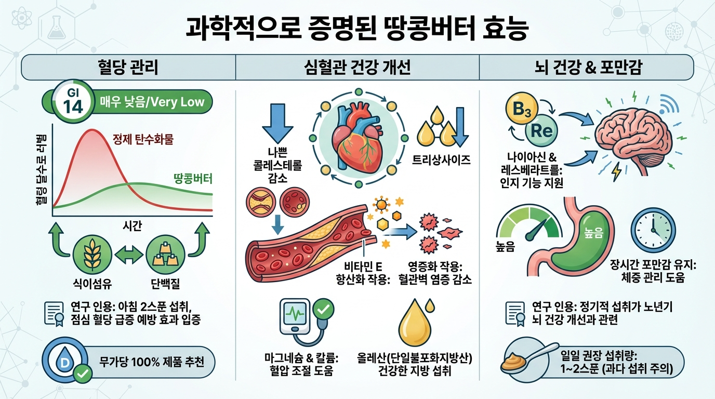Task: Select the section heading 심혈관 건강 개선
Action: (x=357, y=68)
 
